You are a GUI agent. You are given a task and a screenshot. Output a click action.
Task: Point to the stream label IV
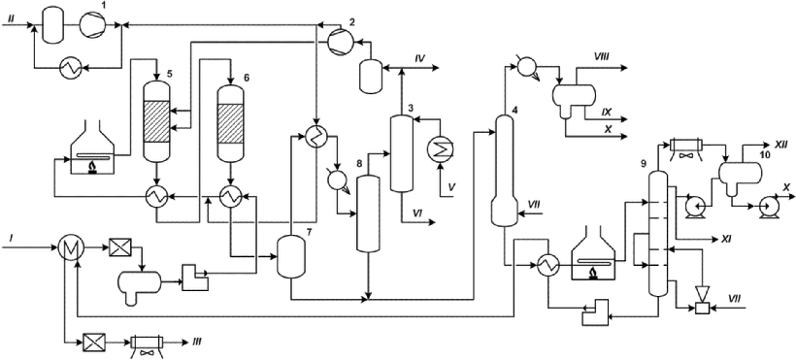419,59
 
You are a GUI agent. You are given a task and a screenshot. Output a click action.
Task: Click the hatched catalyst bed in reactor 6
231,124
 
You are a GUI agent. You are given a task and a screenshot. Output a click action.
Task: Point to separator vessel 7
290,257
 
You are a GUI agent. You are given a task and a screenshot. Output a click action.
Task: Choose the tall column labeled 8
369,213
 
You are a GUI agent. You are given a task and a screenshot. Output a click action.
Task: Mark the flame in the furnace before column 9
593,274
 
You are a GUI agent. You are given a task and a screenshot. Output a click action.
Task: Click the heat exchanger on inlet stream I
68,248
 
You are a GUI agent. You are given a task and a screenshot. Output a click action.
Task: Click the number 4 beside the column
514,109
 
